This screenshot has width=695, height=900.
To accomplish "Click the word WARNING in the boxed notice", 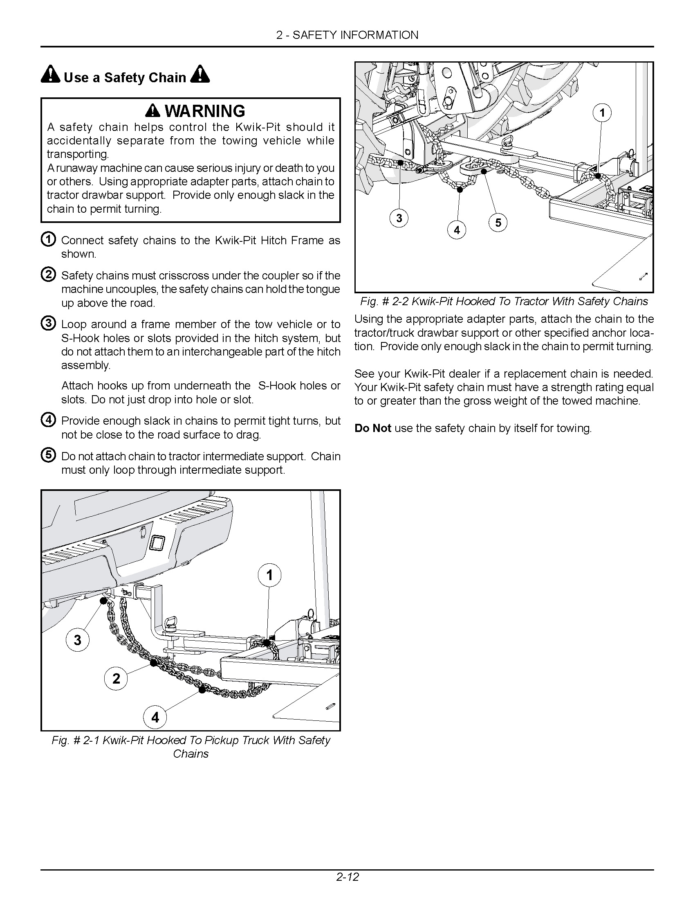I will (x=205, y=111).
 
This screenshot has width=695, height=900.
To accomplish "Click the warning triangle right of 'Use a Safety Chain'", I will (x=200, y=74).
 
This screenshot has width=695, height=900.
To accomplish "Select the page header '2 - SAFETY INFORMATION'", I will (x=347, y=35).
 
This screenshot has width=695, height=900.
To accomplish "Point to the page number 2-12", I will (x=347, y=876).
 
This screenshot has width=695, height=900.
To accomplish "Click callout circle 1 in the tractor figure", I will (x=602, y=113).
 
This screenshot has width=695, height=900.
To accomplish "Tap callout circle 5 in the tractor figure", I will (x=498, y=223).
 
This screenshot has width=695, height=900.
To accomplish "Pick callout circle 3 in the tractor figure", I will (x=399, y=218).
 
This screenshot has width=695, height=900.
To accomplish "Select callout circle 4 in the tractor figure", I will (x=457, y=230).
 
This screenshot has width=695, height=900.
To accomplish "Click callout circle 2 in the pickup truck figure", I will (x=117, y=678).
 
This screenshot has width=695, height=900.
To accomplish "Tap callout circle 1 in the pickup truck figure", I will (x=270, y=575).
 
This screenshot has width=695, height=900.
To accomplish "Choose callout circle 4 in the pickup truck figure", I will (x=155, y=718).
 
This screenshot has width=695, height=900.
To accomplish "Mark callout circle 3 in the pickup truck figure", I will (x=78, y=639).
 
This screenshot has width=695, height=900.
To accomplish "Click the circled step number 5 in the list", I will (x=49, y=455).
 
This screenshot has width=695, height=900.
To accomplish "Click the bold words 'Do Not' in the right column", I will (x=372, y=429).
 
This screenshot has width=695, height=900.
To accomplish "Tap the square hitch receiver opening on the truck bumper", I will (x=157, y=543).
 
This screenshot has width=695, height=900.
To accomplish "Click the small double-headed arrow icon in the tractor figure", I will (x=643, y=277).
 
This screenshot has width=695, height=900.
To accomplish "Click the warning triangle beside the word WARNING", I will (x=153, y=110).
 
